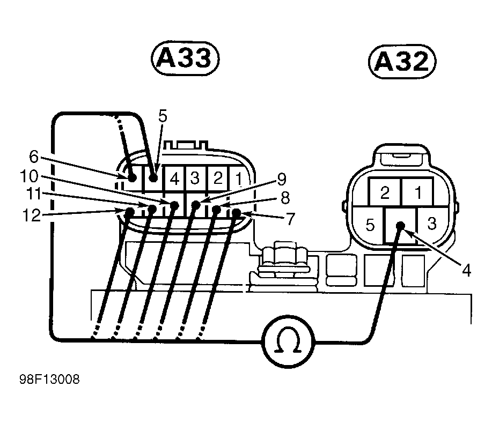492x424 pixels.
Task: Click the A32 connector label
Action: [x=402, y=62]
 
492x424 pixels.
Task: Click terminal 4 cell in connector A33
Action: [x=174, y=177]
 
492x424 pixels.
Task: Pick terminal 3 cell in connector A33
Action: [x=195, y=177]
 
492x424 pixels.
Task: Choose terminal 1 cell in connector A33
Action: [x=238, y=177]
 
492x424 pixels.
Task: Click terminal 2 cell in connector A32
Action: [x=384, y=193]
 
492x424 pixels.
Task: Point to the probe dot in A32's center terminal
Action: [x=400, y=226]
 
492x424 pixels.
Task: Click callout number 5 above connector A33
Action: [x=163, y=115]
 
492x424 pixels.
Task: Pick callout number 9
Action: [x=281, y=178]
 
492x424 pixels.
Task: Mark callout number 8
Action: [x=285, y=199]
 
